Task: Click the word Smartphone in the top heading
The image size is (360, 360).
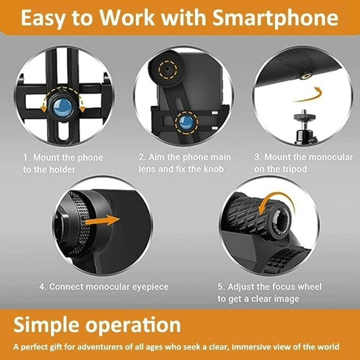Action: [x=275, y=18]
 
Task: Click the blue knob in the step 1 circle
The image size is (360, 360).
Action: [x=63, y=108]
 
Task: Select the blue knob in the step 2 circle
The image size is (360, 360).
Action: [x=186, y=122]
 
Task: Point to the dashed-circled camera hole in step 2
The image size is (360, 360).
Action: [x=168, y=68]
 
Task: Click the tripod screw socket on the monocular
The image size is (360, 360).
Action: [x=306, y=76]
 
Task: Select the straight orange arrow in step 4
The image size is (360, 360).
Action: [x=102, y=220]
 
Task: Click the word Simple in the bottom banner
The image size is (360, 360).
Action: [x=46, y=325]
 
